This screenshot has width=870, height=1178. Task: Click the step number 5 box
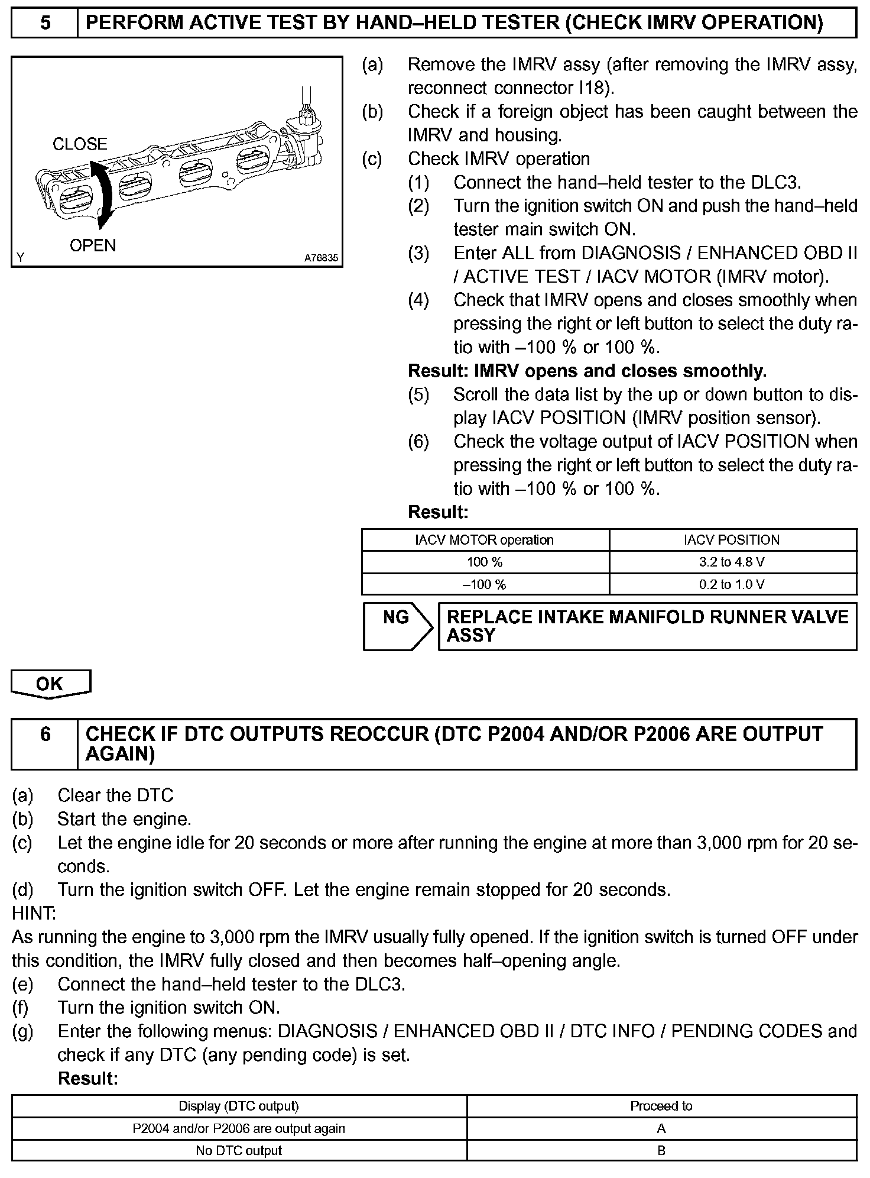pos(44,23)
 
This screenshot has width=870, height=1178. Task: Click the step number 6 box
pos(44,743)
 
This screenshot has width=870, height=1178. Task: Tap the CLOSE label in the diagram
pos(80,144)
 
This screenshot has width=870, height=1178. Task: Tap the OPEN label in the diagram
pos(93,245)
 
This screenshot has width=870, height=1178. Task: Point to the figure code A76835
pos(321,258)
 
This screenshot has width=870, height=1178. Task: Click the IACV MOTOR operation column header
pos(485,540)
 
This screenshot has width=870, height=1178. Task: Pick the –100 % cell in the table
pos(485,585)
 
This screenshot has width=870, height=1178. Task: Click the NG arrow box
pos(397,626)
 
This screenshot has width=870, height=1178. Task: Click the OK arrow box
pos(50,684)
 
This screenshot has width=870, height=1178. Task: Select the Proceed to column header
pos(661,1106)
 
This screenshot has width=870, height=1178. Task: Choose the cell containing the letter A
pos(661,1128)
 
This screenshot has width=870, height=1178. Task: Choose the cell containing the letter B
pos(661,1151)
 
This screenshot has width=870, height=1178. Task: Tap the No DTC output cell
pos(239,1151)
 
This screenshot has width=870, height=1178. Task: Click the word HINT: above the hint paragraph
pos(34,914)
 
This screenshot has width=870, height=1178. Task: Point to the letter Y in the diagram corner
pos(21,258)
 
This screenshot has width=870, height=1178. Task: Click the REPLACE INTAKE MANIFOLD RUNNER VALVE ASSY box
pos(647,626)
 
